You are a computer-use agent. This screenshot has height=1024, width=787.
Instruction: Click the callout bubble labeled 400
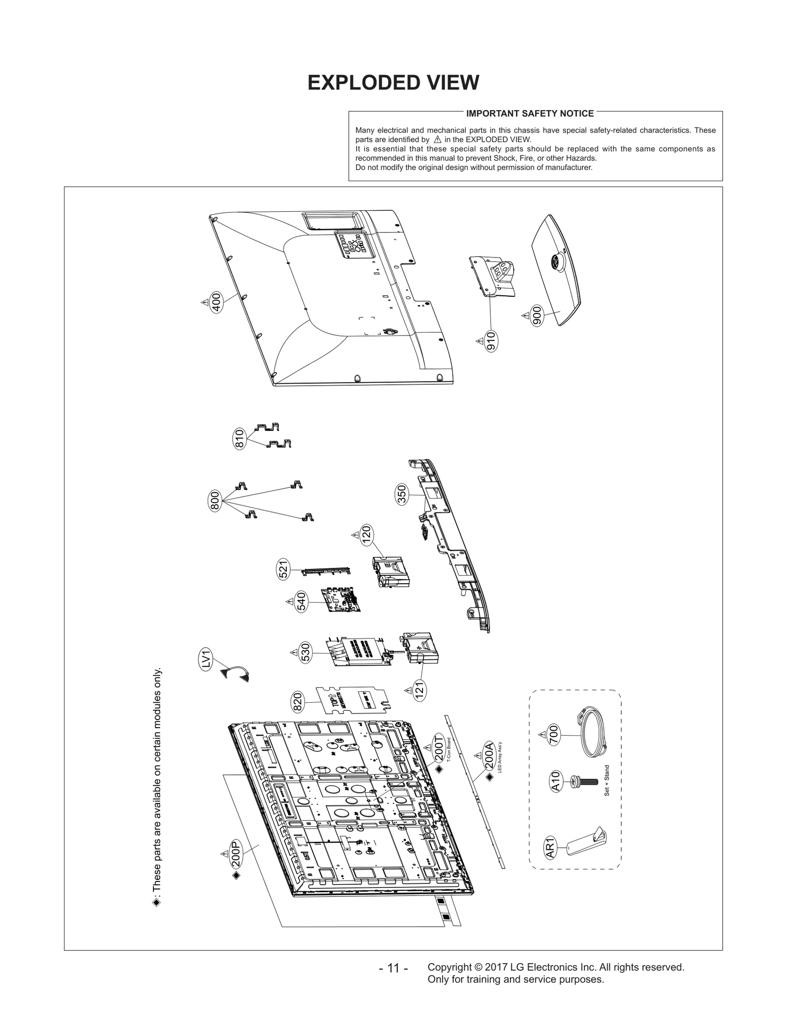tap(215, 302)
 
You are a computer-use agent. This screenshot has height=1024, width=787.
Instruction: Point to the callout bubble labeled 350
tap(402, 494)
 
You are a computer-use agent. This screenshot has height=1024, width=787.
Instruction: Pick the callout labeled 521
tap(283, 569)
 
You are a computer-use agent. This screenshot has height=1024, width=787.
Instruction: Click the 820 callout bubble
tap(298, 702)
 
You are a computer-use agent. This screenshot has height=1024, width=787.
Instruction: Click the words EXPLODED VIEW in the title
tap(393, 83)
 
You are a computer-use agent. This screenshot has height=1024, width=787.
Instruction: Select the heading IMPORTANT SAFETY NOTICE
tap(530, 114)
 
